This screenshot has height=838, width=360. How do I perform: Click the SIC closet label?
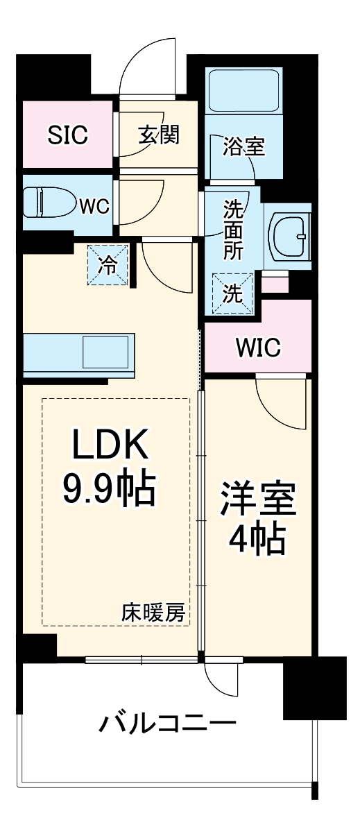(x=68, y=135)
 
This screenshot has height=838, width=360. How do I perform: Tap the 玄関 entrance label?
(x=159, y=135)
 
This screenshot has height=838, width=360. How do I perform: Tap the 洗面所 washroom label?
(x=233, y=229)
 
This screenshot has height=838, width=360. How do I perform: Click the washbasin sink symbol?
(x=287, y=234)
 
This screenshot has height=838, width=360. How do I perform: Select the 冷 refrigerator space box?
(x=108, y=264)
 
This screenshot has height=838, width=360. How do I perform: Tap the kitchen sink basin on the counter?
(x=105, y=352)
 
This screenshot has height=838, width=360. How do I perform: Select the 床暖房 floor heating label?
(x=153, y=613)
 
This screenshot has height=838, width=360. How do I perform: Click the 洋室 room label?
(x=258, y=499)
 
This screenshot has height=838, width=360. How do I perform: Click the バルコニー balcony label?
(x=167, y=724)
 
